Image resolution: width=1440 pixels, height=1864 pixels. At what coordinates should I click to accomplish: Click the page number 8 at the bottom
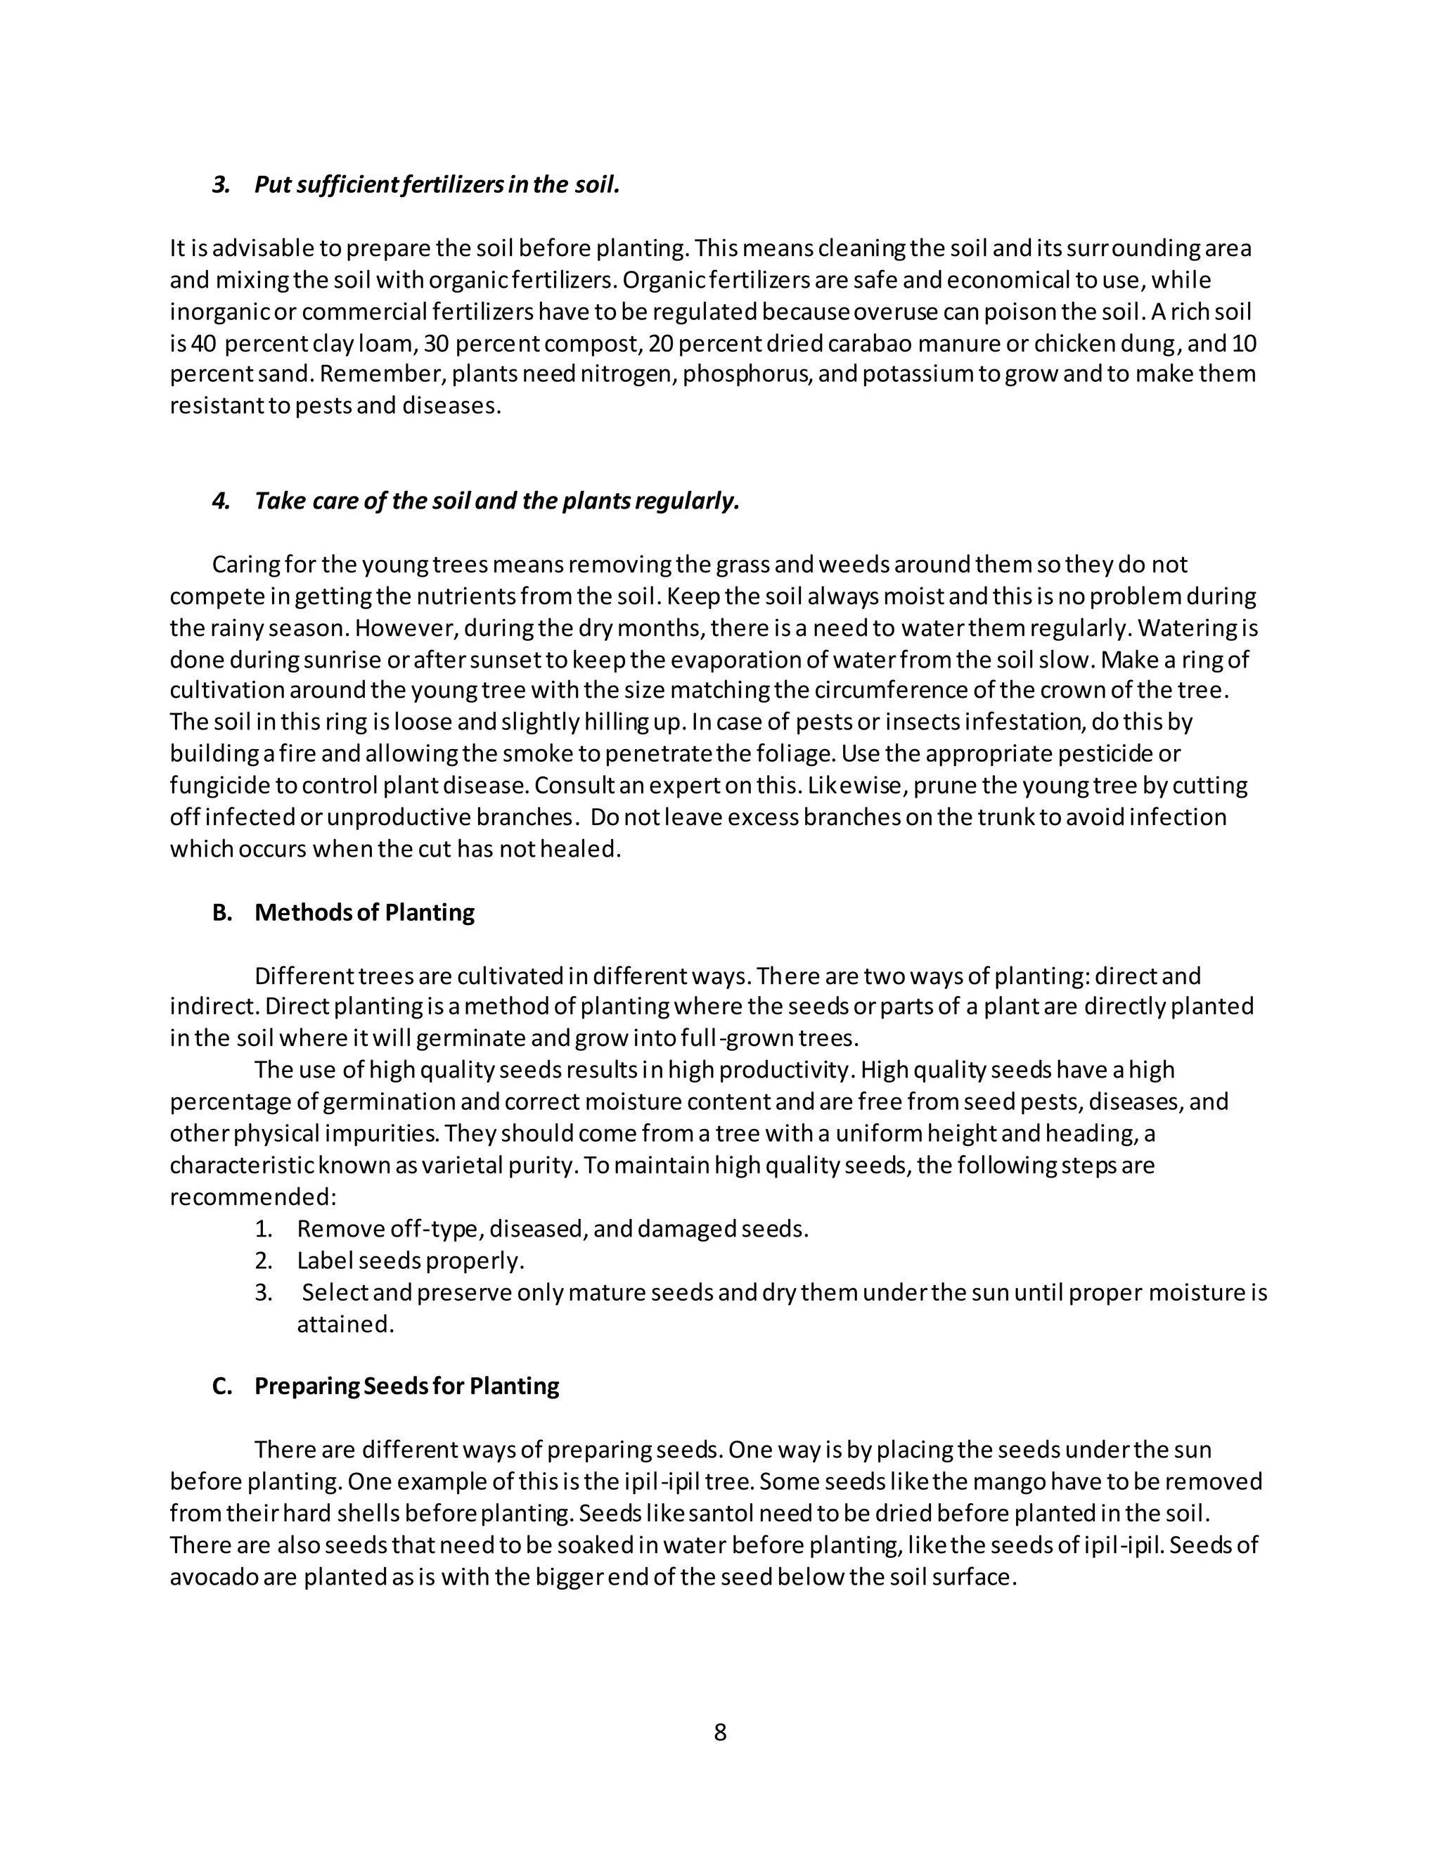pos(719,1732)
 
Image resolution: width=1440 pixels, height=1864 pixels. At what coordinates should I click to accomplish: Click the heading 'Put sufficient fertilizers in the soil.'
pos(436,184)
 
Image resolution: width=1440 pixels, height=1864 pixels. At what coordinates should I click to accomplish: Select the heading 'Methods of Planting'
pos(364,912)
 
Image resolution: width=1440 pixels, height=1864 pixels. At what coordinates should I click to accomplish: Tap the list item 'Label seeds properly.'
pos(411,1260)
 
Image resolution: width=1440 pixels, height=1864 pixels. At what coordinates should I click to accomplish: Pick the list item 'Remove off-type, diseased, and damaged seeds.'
pos(552,1229)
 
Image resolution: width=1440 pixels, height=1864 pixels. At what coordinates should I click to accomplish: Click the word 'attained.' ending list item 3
pos(345,1324)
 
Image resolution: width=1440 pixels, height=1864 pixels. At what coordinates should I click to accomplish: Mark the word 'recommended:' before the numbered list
pos(253,1196)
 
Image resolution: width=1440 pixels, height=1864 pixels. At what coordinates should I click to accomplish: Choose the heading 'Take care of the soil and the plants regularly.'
pos(496,501)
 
